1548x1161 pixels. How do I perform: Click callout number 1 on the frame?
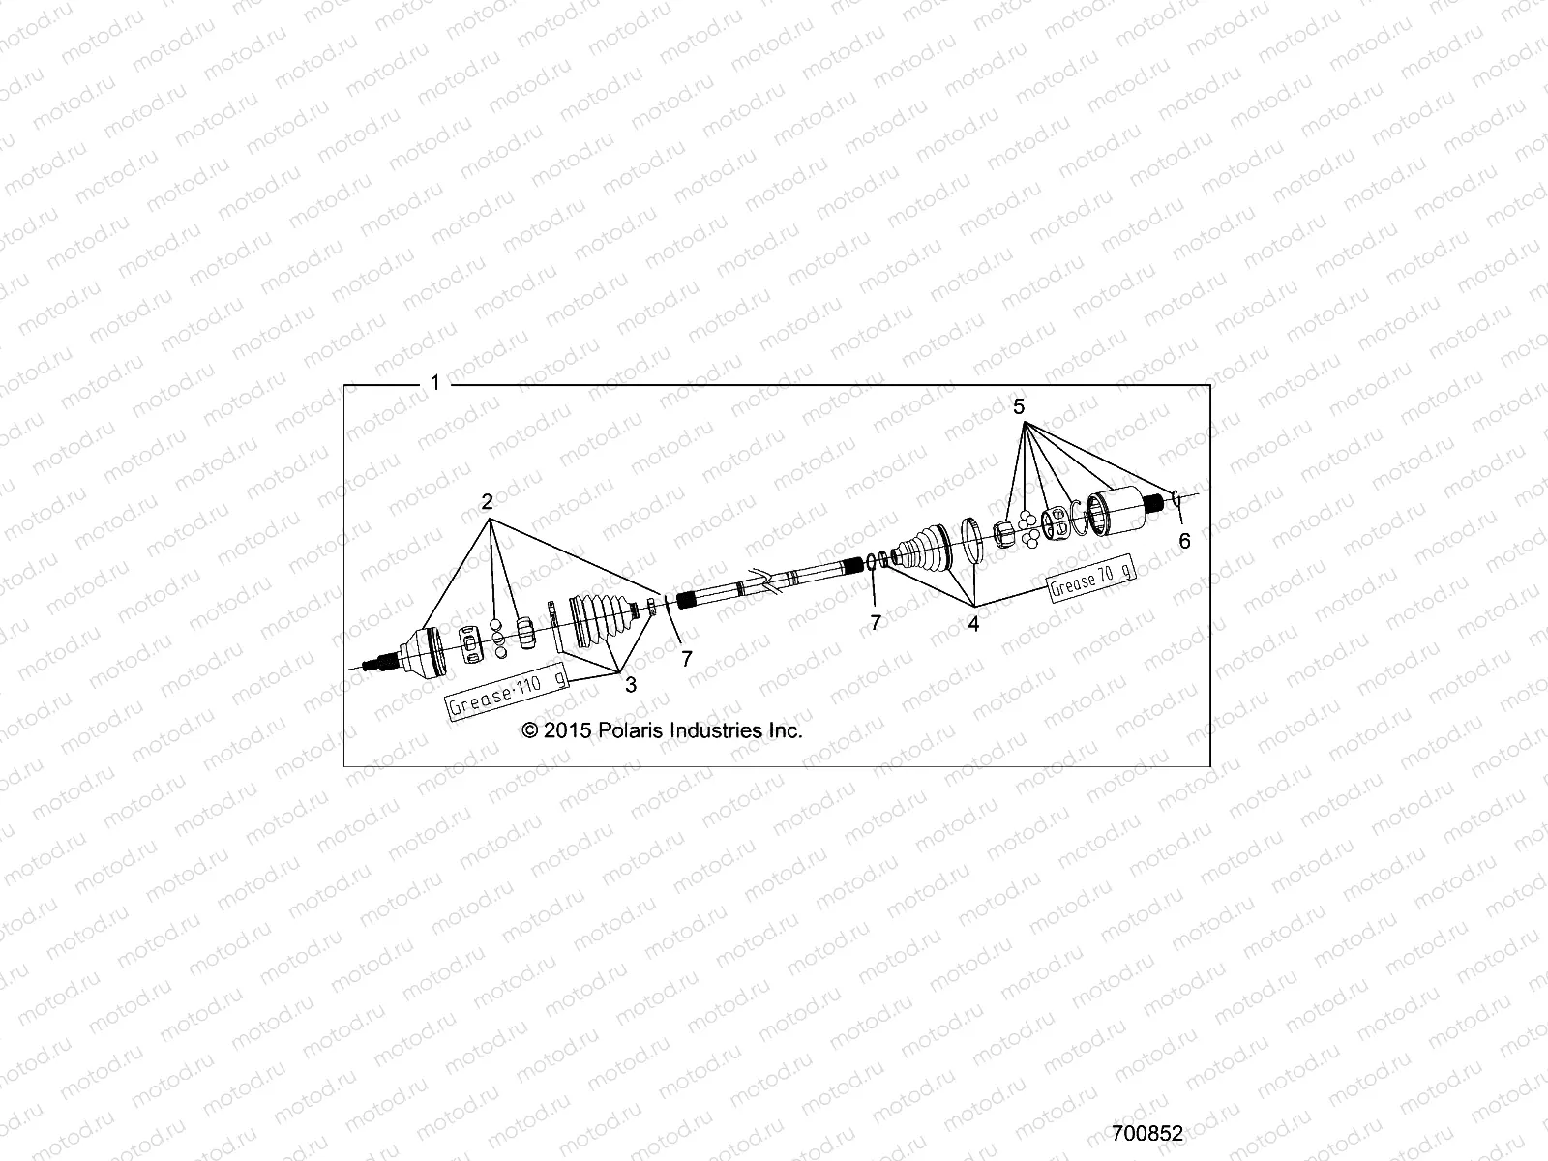pos(435,383)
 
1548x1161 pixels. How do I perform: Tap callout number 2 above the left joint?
pos(488,501)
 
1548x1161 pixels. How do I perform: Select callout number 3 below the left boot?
pos(631,685)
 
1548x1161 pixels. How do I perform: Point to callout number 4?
pos(973,624)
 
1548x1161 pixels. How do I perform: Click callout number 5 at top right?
pos(1019,407)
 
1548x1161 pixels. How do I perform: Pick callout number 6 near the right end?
pos(1184,542)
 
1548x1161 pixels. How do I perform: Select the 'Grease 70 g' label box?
pos(1091,581)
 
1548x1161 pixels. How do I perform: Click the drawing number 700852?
pos(1147,1133)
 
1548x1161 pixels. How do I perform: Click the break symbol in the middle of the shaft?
pos(764,582)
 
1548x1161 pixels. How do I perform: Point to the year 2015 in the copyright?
pos(566,731)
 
